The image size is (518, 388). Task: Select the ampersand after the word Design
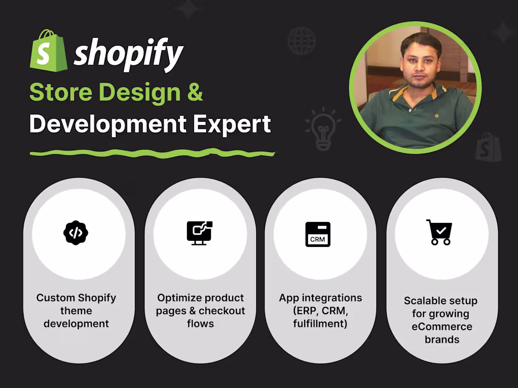coord(195,92)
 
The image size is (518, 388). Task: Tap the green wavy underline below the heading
coord(152,153)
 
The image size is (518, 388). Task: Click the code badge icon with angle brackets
coord(76,233)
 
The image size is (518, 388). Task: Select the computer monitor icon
coord(200,233)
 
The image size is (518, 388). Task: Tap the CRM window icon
coord(318,234)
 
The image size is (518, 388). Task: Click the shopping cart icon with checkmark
coord(439,232)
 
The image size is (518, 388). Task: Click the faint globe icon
coord(301,40)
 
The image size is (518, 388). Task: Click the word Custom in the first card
coord(55,298)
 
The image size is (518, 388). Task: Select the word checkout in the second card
coord(222,311)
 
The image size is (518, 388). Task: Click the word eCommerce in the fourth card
coord(442,326)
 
